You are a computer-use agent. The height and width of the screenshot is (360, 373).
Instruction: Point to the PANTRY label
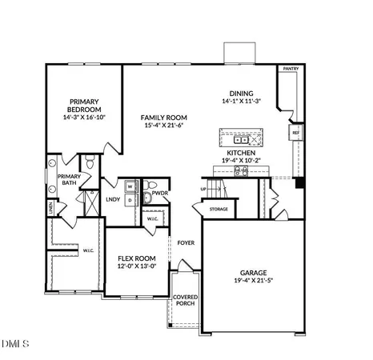[289, 70]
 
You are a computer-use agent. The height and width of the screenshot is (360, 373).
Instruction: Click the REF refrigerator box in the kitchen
[295, 132]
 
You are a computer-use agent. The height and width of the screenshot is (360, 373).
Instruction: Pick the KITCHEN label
[241, 151]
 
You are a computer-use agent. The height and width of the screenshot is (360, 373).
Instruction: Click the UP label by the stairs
[204, 189]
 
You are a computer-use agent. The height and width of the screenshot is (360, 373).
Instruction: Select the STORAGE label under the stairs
[219, 209]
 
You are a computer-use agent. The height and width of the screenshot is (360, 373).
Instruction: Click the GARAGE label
[252, 272]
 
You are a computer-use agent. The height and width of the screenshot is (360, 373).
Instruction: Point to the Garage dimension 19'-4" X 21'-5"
[252, 281]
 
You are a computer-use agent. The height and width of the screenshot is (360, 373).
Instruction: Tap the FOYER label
[186, 242]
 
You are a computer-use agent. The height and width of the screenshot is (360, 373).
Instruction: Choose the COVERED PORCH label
[186, 302]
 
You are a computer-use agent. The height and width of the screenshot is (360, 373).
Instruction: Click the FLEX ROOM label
[136, 258]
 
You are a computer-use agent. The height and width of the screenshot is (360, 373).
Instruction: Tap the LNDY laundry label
[113, 200]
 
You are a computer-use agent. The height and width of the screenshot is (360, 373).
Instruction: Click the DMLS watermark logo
[15, 345]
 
